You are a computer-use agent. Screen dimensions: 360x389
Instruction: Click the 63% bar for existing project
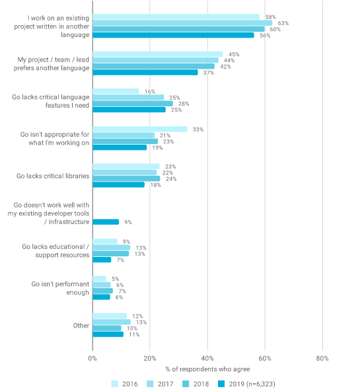pos(182,23)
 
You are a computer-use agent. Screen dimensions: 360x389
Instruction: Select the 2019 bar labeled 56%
pos(173,35)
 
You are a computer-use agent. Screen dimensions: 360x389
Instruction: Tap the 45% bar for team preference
pos(158,54)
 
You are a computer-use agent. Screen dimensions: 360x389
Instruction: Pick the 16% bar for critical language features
pos(116,91)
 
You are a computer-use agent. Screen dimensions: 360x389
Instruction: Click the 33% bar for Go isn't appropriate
pos(140,129)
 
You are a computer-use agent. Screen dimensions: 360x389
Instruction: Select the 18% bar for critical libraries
pos(118,184)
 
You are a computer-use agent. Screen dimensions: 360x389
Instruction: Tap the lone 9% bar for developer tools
pos(106,222)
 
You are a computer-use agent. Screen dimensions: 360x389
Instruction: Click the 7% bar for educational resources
pos(102,260)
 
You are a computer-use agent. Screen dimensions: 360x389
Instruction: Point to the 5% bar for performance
pos(99,279)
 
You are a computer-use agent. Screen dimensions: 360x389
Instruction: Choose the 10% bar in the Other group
pos(107,328)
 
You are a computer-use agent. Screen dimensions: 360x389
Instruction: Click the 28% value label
pos(184,104)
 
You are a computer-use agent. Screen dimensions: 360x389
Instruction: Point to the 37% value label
pos(209,73)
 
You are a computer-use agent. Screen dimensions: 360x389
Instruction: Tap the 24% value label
pos(171,179)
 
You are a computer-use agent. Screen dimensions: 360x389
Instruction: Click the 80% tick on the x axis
pos(322,358)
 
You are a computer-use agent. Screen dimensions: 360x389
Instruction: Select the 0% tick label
pos(92,358)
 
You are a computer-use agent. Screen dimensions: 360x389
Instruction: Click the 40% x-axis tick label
pos(207,358)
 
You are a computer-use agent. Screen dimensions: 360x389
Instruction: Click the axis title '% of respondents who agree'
pos(207,369)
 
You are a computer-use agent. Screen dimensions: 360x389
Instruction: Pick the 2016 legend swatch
pos(115,384)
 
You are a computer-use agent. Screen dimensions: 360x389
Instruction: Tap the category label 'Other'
pos(81,326)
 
